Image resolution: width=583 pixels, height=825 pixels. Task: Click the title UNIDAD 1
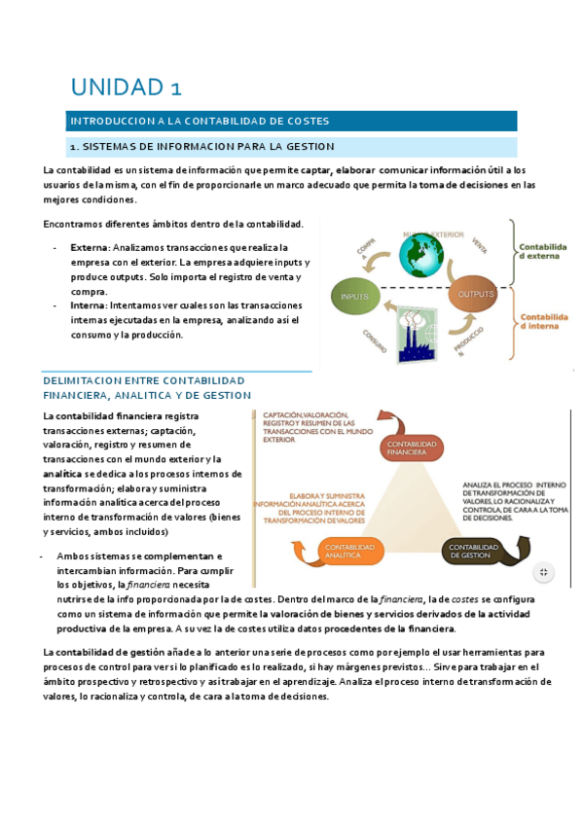(x=127, y=87)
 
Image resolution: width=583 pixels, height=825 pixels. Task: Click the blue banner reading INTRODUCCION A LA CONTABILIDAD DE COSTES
(x=198, y=122)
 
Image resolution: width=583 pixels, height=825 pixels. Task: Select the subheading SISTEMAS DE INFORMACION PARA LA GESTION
(x=201, y=146)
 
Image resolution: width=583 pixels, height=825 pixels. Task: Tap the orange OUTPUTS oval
(x=476, y=294)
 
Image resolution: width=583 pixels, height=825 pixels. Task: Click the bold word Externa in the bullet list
(x=90, y=249)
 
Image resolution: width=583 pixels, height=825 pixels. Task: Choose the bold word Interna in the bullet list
(x=89, y=305)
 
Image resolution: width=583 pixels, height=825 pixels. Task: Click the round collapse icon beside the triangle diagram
(x=545, y=572)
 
